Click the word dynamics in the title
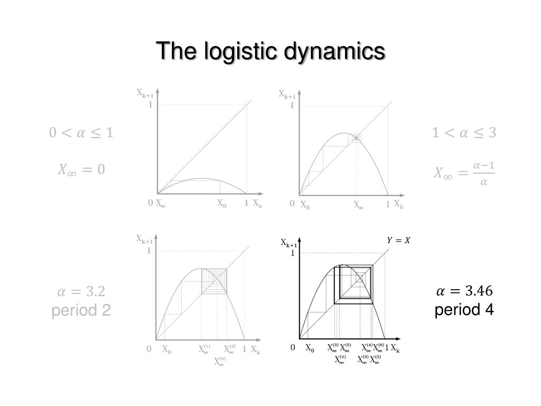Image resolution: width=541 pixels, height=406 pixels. (335, 51)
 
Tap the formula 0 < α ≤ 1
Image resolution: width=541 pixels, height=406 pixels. (81, 132)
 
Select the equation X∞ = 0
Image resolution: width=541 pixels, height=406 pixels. (81, 170)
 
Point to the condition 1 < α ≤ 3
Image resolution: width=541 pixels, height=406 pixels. (464, 132)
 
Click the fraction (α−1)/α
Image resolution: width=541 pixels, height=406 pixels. (484, 173)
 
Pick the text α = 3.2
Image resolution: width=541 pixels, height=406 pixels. (81, 291)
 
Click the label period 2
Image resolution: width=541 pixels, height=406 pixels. (81, 310)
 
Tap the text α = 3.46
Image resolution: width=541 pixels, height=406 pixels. (464, 291)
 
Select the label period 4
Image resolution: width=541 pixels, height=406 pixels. (464, 310)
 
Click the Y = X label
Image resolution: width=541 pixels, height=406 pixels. (398, 241)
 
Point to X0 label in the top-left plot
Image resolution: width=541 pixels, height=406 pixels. (221, 203)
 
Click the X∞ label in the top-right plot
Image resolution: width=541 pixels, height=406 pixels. (358, 205)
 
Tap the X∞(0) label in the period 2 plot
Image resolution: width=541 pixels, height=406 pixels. (219, 362)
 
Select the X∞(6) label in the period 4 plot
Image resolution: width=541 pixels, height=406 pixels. (378, 348)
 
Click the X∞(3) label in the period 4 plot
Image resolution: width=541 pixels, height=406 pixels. (332, 348)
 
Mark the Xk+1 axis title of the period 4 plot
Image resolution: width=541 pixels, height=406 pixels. (288, 243)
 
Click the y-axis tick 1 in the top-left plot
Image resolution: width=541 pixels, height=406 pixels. (151, 105)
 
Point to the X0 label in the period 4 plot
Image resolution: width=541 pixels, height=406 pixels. (310, 348)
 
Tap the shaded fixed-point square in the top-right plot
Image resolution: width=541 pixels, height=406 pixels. (357, 137)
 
